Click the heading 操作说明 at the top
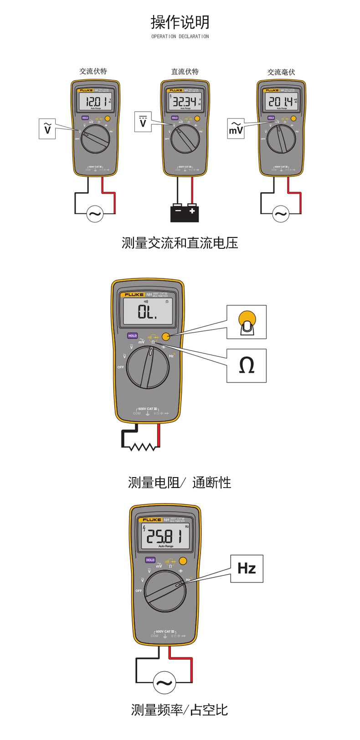[x=180, y=22]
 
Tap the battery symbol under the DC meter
[x=185, y=212]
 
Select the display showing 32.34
[x=185, y=102]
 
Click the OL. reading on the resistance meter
[x=148, y=312]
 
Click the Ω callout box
[x=247, y=365]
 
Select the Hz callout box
[x=247, y=568]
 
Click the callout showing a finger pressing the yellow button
[x=247, y=322]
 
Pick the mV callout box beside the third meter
[x=236, y=128]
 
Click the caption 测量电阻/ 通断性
[x=180, y=482]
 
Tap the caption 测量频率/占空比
[x=180, y=709]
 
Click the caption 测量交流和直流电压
[x=180, y=243]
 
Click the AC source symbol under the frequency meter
[x=164, y=682]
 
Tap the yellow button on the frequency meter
[x=183, y=560]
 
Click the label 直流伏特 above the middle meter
[x=185, y=72]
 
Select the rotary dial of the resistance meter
[x=148, y=367]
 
